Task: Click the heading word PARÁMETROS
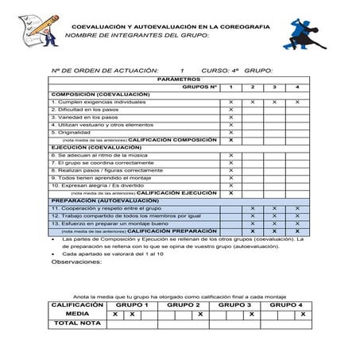[x=180, y=79]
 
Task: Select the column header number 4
[x=297, y=87]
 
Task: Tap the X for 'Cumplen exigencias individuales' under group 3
[x=275, y=102]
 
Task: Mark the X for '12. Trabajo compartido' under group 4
[x=297, y=215]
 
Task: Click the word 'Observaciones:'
[x=76, y=261]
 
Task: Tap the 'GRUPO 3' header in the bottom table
[x=234, y=305]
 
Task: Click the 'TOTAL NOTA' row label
[x=77, y=323]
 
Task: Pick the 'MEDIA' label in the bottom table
[x=77, y=314]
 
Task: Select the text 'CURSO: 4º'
[x=219, y=71]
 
